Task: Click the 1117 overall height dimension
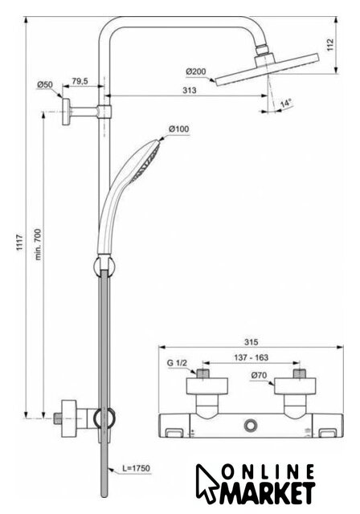(20, 243)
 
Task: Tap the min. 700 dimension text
(39, 244)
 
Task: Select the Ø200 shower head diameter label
(196, 71)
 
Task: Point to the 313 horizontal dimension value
(190, 90)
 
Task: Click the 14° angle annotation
(286, 104)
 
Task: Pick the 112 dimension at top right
(330, 45)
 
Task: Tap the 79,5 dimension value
(80, 81)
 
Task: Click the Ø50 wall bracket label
(44, 84)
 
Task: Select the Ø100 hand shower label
(179, 128)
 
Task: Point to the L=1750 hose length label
(136, 468)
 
